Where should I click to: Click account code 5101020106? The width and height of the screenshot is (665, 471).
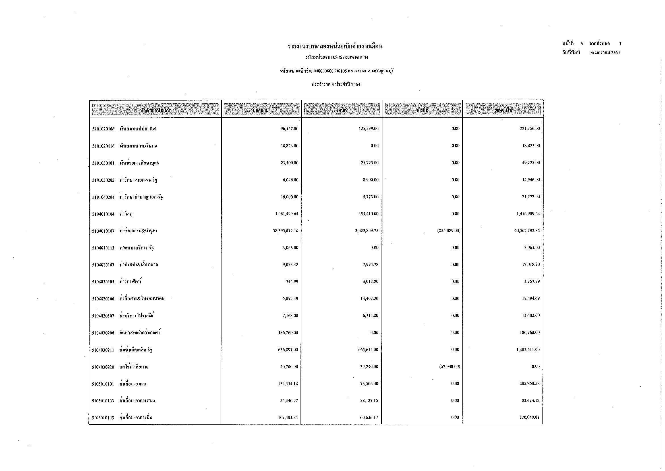103,129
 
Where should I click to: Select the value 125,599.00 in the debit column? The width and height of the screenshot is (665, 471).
368,129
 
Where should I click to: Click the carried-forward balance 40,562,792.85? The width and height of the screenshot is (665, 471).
527,231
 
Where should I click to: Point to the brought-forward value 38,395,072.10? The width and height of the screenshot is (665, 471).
285,231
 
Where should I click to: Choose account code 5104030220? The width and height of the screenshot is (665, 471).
103,367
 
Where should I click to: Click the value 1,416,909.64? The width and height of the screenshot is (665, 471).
528,214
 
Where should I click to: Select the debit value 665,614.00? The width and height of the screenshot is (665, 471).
368,350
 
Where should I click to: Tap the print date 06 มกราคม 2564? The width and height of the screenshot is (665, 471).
604,53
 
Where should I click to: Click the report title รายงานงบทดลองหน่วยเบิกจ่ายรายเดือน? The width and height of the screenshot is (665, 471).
335,46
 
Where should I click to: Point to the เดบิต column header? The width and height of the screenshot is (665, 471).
342,110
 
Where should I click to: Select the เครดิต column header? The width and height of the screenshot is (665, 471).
422,110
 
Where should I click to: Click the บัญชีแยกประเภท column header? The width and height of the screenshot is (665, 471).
156,110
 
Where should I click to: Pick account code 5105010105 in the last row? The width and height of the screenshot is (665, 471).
103,418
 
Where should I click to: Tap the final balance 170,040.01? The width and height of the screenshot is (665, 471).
529,418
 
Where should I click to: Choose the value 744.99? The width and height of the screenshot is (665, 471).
292,282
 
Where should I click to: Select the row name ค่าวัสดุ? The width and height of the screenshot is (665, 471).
126,214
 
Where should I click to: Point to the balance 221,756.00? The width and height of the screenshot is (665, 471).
530,129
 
